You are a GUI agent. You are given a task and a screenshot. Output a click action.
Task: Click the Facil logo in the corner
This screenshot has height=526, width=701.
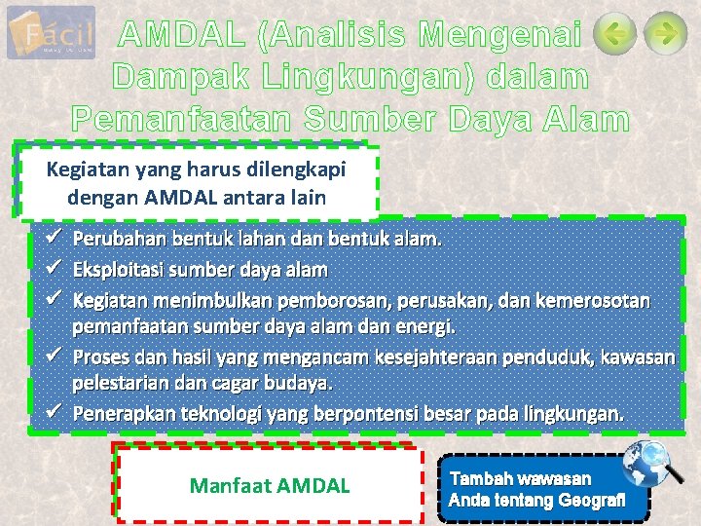(51, 32)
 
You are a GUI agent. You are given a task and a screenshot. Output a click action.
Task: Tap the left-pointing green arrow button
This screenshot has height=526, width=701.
(614, 32)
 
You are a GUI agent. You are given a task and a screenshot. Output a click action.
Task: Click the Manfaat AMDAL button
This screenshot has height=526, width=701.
(270, 485)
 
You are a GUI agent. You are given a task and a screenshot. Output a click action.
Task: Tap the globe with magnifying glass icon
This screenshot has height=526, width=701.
(651, 463)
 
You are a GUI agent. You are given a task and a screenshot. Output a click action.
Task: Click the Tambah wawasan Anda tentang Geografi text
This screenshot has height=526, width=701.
(535, 490)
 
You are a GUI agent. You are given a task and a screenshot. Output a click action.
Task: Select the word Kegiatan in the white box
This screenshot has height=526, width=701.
(85, 169)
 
